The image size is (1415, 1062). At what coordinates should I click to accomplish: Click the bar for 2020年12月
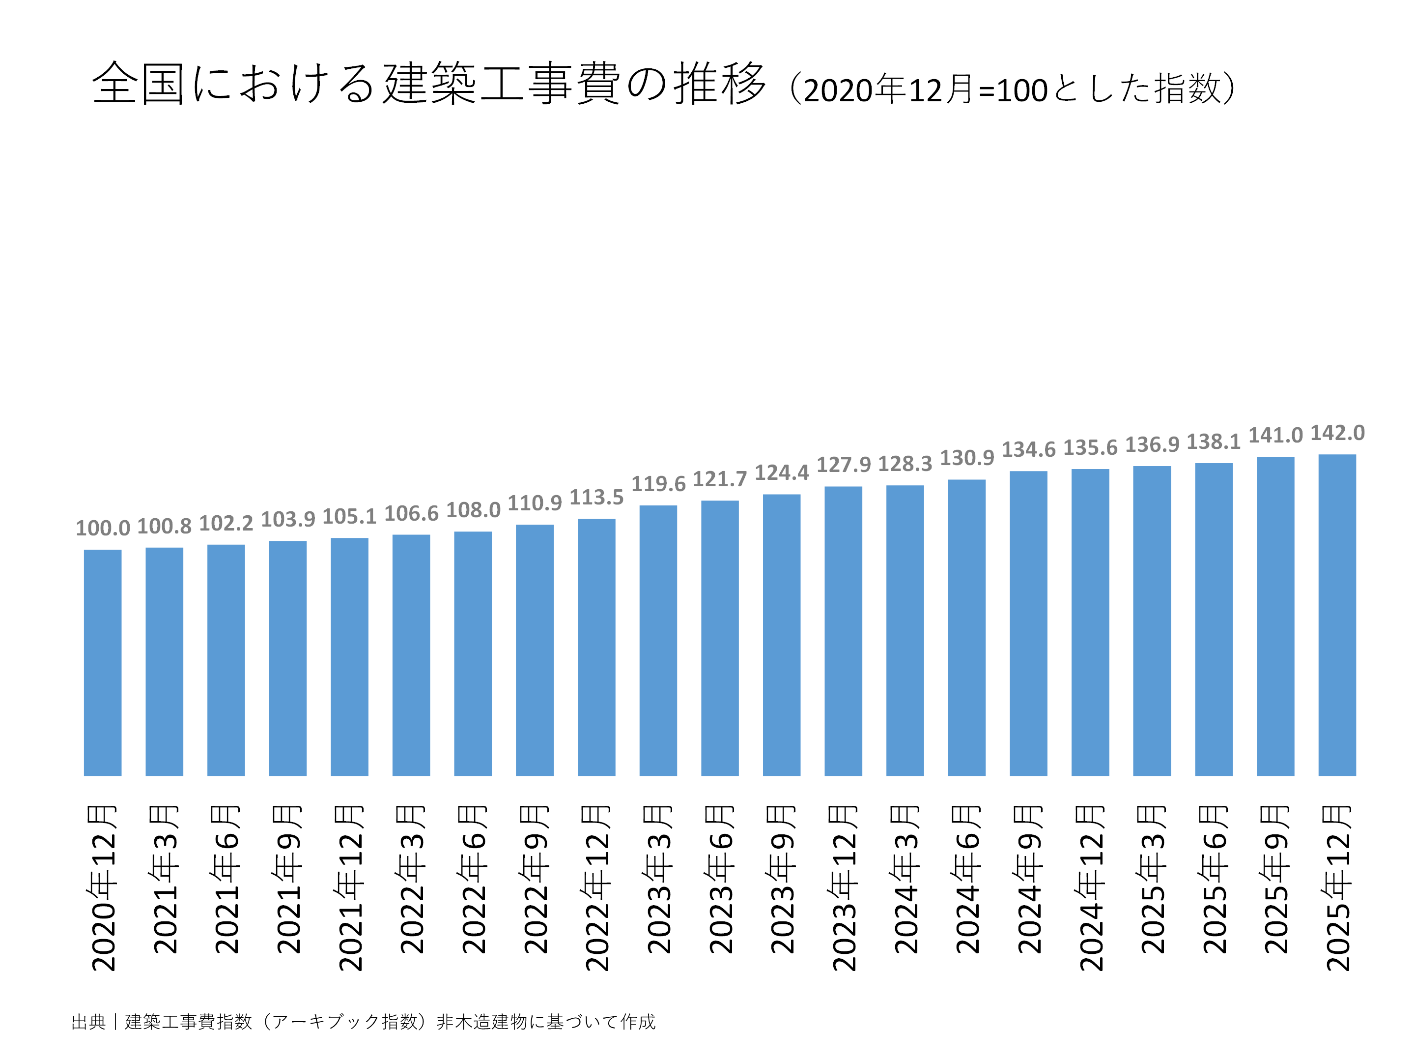tap(102, 663)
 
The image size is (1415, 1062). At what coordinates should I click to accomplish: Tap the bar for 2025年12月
tap(1336, 615)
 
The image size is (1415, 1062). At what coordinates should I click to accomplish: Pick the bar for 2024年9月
tap(1028, 623)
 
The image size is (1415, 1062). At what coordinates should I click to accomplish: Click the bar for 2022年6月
tap(473, 653)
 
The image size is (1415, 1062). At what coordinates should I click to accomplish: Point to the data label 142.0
tap(1337, 433)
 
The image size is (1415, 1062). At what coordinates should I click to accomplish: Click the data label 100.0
tap(102, 529)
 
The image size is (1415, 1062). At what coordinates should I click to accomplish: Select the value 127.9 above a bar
tap(843, 465)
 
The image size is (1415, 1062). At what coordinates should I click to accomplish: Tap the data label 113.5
tap(596, 498)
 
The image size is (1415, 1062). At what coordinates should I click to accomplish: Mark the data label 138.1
tap(1214, 442)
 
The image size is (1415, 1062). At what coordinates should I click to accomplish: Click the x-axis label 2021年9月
tap(288, 880)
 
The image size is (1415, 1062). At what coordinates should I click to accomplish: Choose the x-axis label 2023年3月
tap(658, 880)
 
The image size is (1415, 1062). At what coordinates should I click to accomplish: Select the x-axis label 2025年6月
tap(1214, 880)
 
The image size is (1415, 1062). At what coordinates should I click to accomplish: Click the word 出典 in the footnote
tap(88, 1022)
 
